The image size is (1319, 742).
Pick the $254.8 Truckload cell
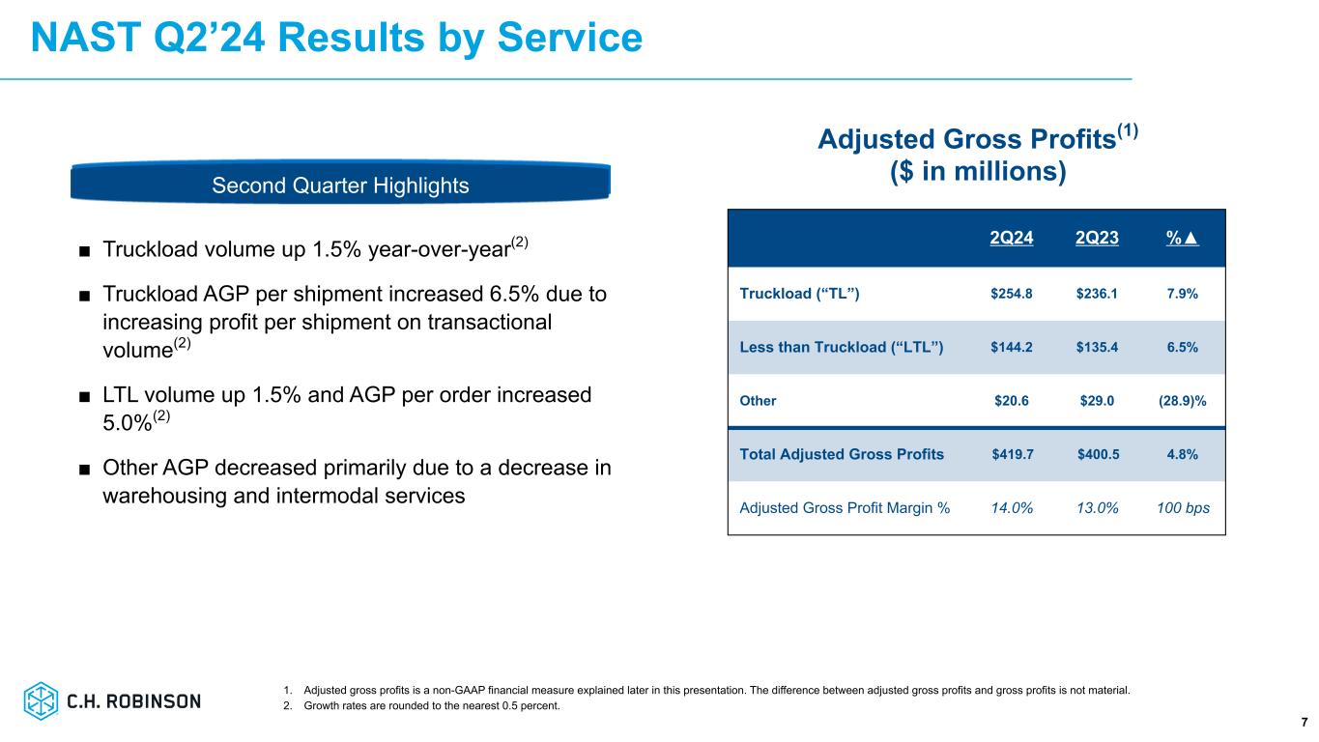coord(1012,294)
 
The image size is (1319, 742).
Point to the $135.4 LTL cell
coord(1097,347)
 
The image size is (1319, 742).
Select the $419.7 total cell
coord(1012,454)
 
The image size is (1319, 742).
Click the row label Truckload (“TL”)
coord(799,294)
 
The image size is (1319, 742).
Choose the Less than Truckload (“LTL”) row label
coord(841,347)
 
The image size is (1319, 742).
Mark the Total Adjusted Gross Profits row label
coord(842,454)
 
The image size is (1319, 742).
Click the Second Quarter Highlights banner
coord(340,185)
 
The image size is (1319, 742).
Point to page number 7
coord(1304,723)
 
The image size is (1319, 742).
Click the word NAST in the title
coord(87,38)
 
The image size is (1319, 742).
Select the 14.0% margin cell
coord(1012,507)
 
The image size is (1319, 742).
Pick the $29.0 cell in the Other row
coord(1097,400)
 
